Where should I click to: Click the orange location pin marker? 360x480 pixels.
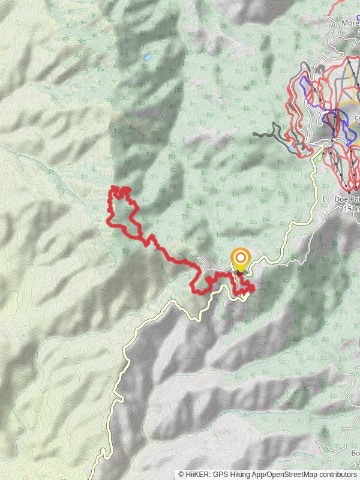coord(240,259)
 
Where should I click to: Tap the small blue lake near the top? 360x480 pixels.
coord(148,58)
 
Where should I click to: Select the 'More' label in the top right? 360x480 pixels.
coord(350,23)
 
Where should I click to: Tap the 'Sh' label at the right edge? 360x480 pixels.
coord(356,119)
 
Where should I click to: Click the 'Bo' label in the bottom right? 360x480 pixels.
coord(355,453)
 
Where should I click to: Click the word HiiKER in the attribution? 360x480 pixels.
coord(198,474)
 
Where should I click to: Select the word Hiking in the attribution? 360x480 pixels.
coord(238,474)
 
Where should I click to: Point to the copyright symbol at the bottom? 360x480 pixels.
coord(181,474)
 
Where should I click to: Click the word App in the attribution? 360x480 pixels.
coord(257,474)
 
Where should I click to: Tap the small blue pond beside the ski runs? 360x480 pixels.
coord(292,146)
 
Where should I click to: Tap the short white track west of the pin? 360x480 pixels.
coord(210,266)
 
